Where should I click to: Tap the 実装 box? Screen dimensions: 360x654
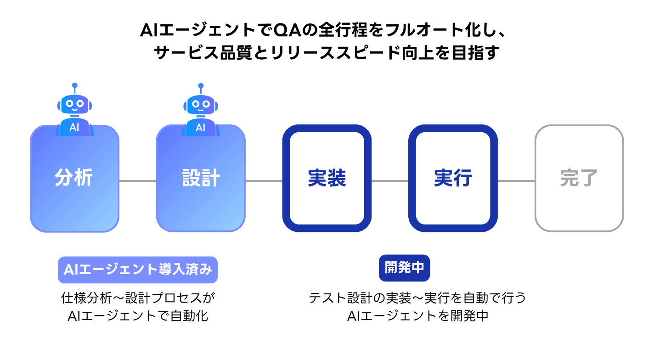tap(327, 178)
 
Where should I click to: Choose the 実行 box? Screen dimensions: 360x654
tap(453, 178)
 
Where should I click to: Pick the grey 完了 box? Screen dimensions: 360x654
tap(579, 178)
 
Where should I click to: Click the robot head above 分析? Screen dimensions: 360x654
tap(74, 104)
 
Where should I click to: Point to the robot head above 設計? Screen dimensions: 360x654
tap(201, 104)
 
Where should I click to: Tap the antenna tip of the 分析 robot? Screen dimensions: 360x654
tap(74, 85)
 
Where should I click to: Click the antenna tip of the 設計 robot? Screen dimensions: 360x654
tap(201, 85)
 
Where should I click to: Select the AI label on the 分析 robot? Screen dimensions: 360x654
tap(74, 128)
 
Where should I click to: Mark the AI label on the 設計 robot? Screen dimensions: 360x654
tap(201, 128)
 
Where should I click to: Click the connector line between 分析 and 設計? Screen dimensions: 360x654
tap(138, 181)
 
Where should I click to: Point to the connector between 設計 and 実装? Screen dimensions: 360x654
tap(264, 181)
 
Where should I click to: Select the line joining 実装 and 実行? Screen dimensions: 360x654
tap(390, 181)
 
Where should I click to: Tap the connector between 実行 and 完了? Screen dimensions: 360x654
tap(516, 181)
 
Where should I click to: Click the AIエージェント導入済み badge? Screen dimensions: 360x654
tap(138, 270)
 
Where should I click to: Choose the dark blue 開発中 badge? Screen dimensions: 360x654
tap(404, 268)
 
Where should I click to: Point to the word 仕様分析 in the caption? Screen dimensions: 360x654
tap(86, 298)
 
